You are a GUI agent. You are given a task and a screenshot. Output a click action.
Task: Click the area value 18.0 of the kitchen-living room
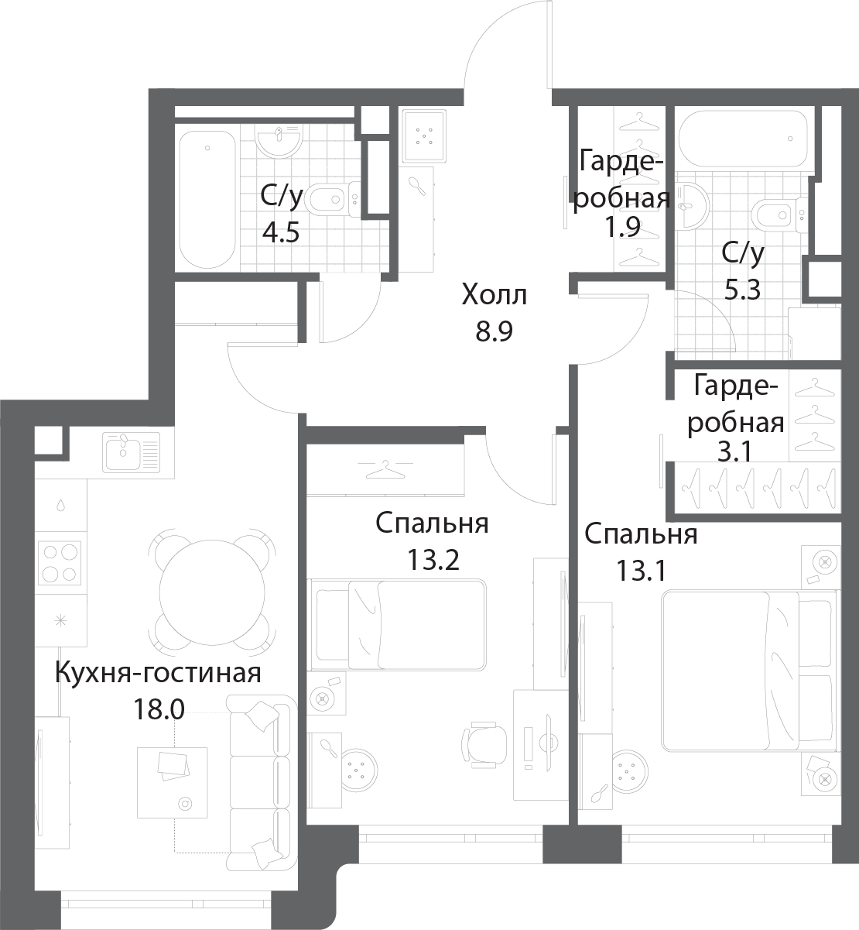(159, 709)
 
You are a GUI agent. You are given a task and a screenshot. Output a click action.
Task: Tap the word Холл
(495, 296)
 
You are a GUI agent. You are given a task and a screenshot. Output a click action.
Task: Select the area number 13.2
(433, 560)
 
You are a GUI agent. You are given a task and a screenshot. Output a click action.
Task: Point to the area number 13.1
(641, 571)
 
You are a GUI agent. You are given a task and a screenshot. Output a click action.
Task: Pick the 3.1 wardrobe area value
(734, 452)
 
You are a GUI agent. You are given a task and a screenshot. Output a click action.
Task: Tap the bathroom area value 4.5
(280, 233)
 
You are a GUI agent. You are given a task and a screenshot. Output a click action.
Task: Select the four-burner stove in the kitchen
(60, 564)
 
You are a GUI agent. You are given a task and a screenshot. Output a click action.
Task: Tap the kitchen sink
(132, 451)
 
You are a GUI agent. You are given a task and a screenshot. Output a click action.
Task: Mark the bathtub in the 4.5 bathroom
(207, 199)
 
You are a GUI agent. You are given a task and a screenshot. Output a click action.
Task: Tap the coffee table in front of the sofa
(173, 782)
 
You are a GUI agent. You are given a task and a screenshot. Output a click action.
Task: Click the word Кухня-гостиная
(158, 674)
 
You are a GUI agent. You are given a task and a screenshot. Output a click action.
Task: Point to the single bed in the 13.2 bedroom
(397, 625)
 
